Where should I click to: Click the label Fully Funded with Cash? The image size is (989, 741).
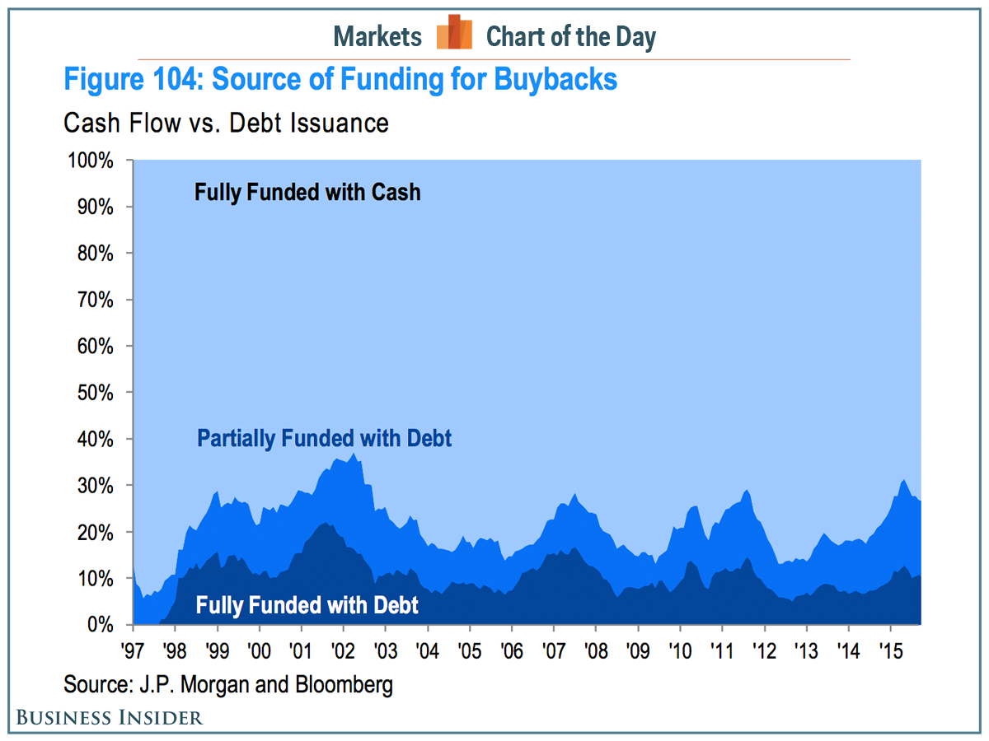(307, 193)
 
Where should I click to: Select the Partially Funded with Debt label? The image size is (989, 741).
(325, 438)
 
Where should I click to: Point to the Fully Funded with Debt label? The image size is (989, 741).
(307, 606)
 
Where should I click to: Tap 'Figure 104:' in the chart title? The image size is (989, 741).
(134, 81)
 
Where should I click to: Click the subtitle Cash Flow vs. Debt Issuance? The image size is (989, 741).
(226, 123)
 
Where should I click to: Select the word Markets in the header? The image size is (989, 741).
(377, 37)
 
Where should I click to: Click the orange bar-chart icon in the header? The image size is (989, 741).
(454, 34)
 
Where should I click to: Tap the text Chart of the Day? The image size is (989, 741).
(571, 37)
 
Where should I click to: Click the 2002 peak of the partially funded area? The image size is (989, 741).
(354, 454)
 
